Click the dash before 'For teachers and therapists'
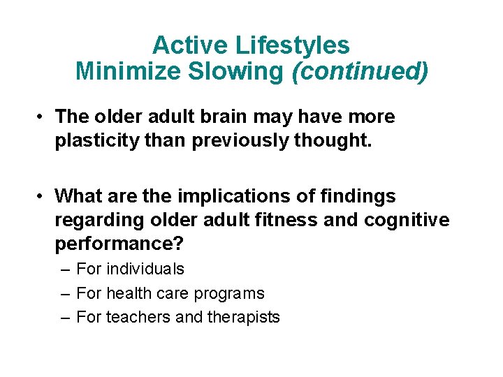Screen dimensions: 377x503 pos(66,317)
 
